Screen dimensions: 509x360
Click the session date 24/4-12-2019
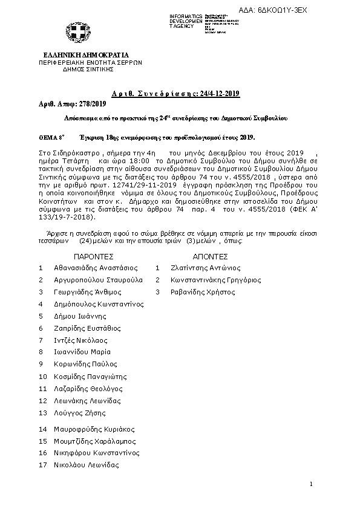point(216,93)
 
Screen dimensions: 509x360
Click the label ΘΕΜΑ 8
point(51,137)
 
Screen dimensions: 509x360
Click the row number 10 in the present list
point(42,376)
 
